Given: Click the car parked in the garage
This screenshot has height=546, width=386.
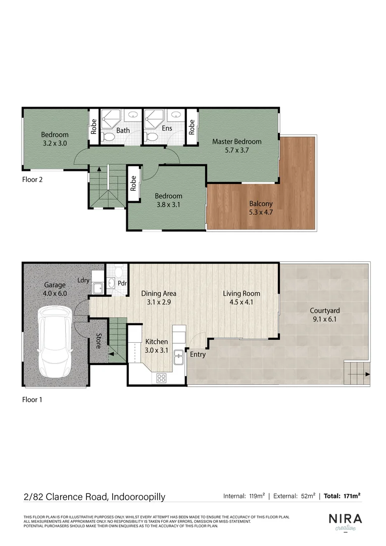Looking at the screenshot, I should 56,344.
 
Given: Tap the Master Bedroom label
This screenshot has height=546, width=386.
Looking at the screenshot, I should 236,146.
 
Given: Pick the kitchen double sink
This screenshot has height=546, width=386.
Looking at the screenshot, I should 178,356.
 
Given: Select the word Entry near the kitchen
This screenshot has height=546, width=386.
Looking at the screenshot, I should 198,354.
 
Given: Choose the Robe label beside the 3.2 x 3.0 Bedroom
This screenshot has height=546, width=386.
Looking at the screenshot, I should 94,126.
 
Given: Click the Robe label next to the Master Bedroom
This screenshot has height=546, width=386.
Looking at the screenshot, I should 192,126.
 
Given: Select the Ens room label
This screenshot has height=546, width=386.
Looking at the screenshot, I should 167,128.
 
